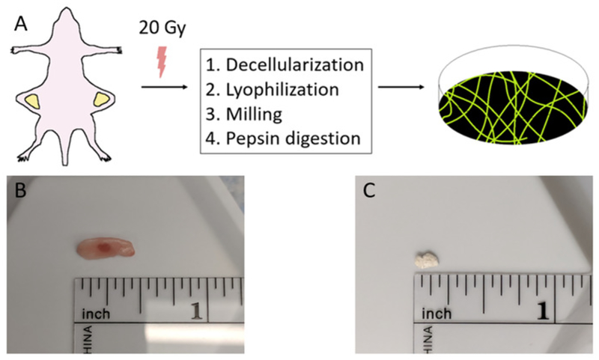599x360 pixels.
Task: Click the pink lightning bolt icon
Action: point(159,62)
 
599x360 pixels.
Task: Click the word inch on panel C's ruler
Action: point(440,311)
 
